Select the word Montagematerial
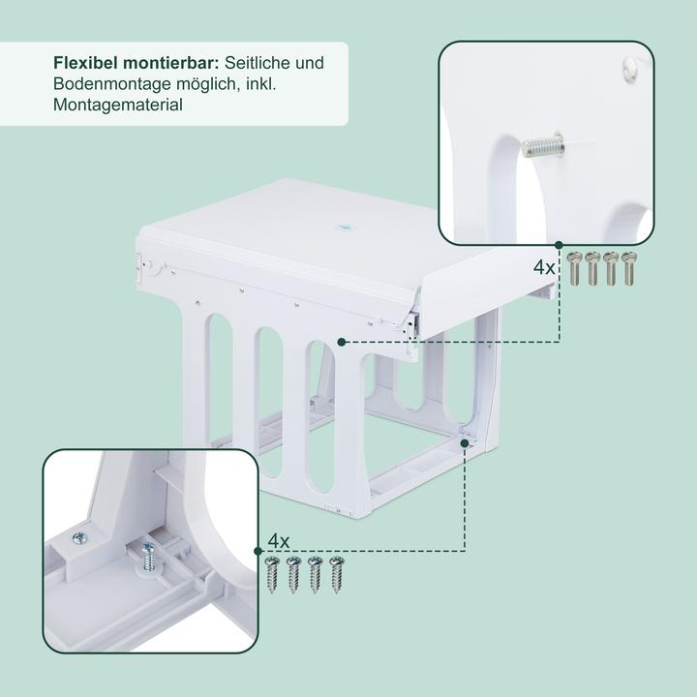118,106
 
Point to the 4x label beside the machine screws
545,266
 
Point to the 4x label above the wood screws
279,539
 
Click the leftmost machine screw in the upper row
574,267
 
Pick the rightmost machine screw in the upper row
629,267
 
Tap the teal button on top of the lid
341,223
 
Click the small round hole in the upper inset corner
626,65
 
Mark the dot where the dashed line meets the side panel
342,341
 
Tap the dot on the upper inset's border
559,244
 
